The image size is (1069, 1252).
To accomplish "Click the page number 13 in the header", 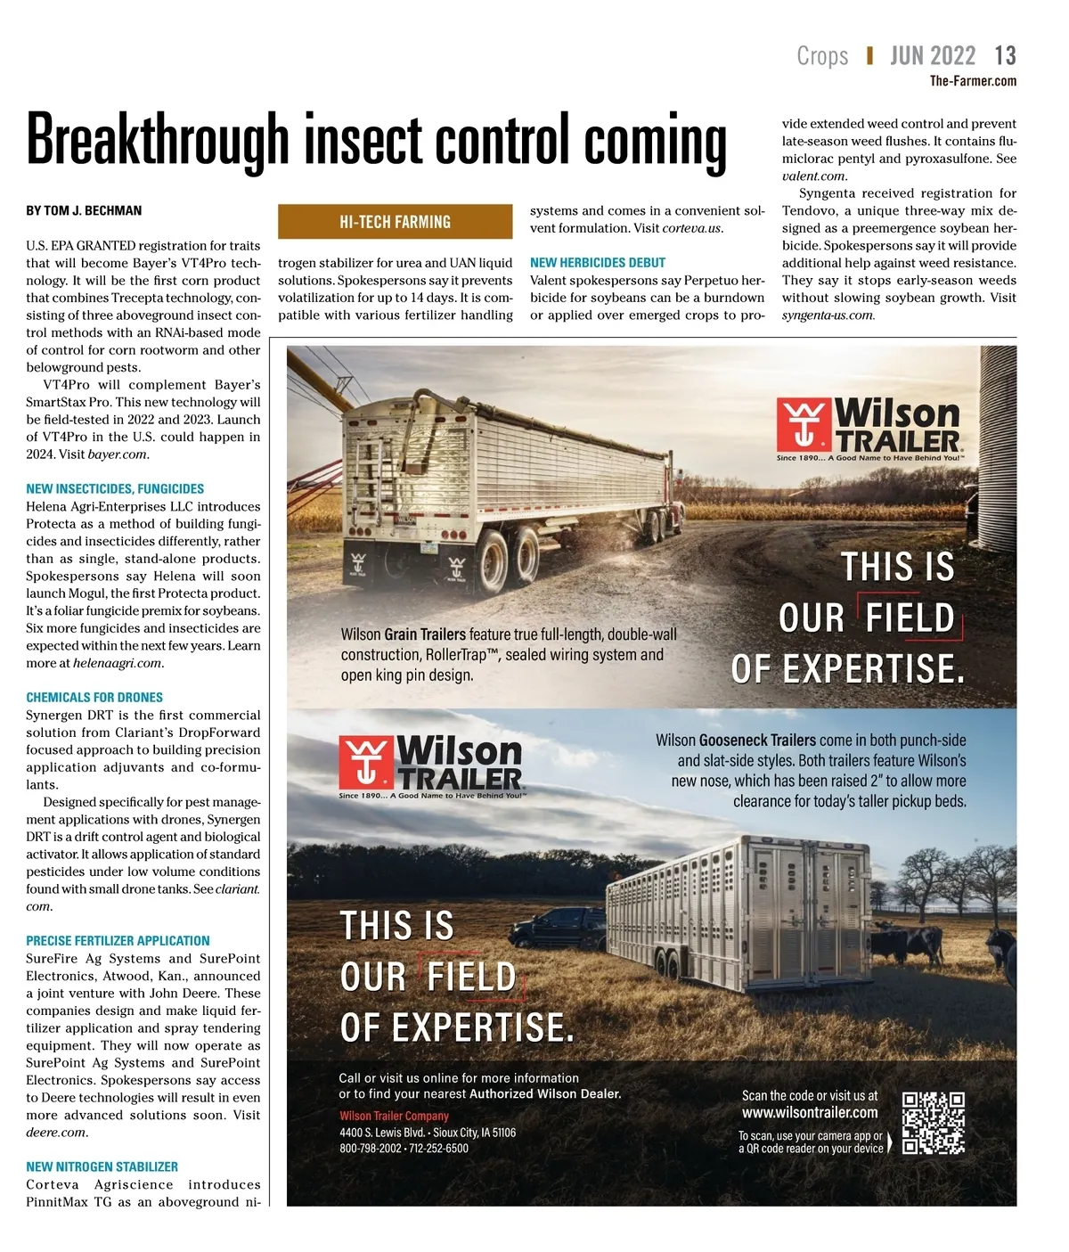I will click(1005, 56).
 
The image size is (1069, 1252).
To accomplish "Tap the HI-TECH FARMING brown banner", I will click(395, 222).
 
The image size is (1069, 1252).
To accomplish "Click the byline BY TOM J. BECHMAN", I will click(84, 211).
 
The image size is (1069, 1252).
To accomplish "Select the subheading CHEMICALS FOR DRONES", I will click(94, 698).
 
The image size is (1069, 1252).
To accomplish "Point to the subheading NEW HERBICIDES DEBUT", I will click(598, 263).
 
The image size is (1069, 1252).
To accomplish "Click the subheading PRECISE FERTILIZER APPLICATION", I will click(118, 941).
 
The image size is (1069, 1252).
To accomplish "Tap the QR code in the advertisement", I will click(933, 1123).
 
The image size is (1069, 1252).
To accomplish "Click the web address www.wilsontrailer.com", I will click(810, 1113).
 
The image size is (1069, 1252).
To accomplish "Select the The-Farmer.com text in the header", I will click(973, 81).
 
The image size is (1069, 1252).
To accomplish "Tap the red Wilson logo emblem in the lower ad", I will click(365, 763).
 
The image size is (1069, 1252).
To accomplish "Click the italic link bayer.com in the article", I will click(118, 454).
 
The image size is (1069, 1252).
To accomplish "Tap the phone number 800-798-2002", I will click(371, 1149).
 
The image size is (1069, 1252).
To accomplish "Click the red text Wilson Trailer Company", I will click(394, 1116).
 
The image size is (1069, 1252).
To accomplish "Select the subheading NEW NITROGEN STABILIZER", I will click(102, 1167).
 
